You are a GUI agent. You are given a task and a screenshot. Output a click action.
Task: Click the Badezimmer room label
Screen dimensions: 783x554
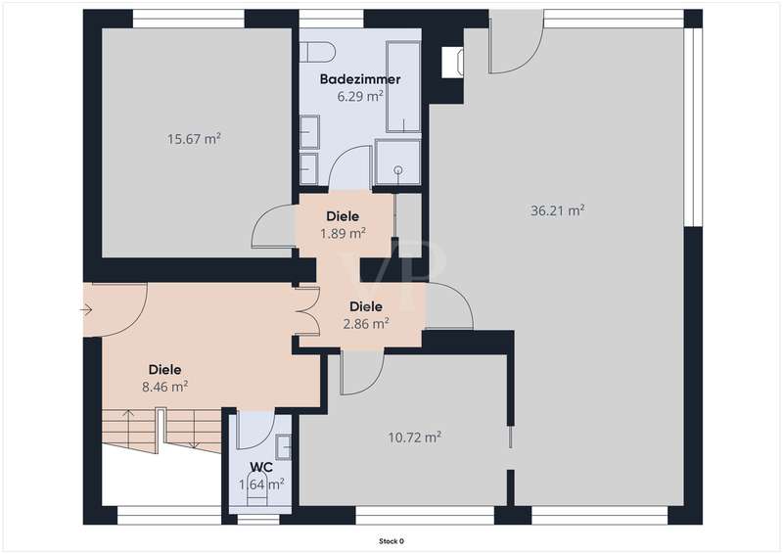coord(360,79)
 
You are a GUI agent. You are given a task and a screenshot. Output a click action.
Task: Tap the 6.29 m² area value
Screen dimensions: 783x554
coord(360,95)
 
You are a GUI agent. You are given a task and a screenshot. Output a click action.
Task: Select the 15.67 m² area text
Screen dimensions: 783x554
coord(194,138)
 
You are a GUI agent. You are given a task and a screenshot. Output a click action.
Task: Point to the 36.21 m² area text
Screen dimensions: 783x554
coord(557,210)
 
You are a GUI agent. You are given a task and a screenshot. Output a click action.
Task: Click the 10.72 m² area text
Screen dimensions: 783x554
coord(414,438)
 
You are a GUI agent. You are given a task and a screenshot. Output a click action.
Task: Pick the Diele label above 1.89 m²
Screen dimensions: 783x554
coord(343,216)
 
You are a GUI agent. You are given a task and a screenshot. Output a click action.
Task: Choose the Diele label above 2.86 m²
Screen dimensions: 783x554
coord(366,306)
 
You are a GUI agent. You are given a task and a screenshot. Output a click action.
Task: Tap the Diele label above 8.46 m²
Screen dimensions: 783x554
coord(164,370)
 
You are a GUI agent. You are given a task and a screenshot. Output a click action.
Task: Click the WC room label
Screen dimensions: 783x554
coord(261,467)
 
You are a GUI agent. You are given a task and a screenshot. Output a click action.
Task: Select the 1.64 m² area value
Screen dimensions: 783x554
coord(261,485)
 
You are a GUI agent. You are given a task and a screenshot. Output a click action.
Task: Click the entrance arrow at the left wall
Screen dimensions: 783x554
coord(86,310)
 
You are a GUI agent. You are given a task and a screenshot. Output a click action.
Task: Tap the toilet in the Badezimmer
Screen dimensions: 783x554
coord(319,52)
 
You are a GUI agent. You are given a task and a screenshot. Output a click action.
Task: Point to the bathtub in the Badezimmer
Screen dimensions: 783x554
coord(403,87)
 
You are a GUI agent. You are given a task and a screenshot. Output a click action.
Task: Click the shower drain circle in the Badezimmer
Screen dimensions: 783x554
coord(398,170)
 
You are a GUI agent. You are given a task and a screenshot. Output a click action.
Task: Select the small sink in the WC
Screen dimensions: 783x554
coord(284,446)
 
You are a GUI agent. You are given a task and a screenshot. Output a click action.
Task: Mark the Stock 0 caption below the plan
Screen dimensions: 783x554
coord(391,541)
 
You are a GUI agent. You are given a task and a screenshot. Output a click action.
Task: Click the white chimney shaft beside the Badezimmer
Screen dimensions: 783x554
coord(452,63)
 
